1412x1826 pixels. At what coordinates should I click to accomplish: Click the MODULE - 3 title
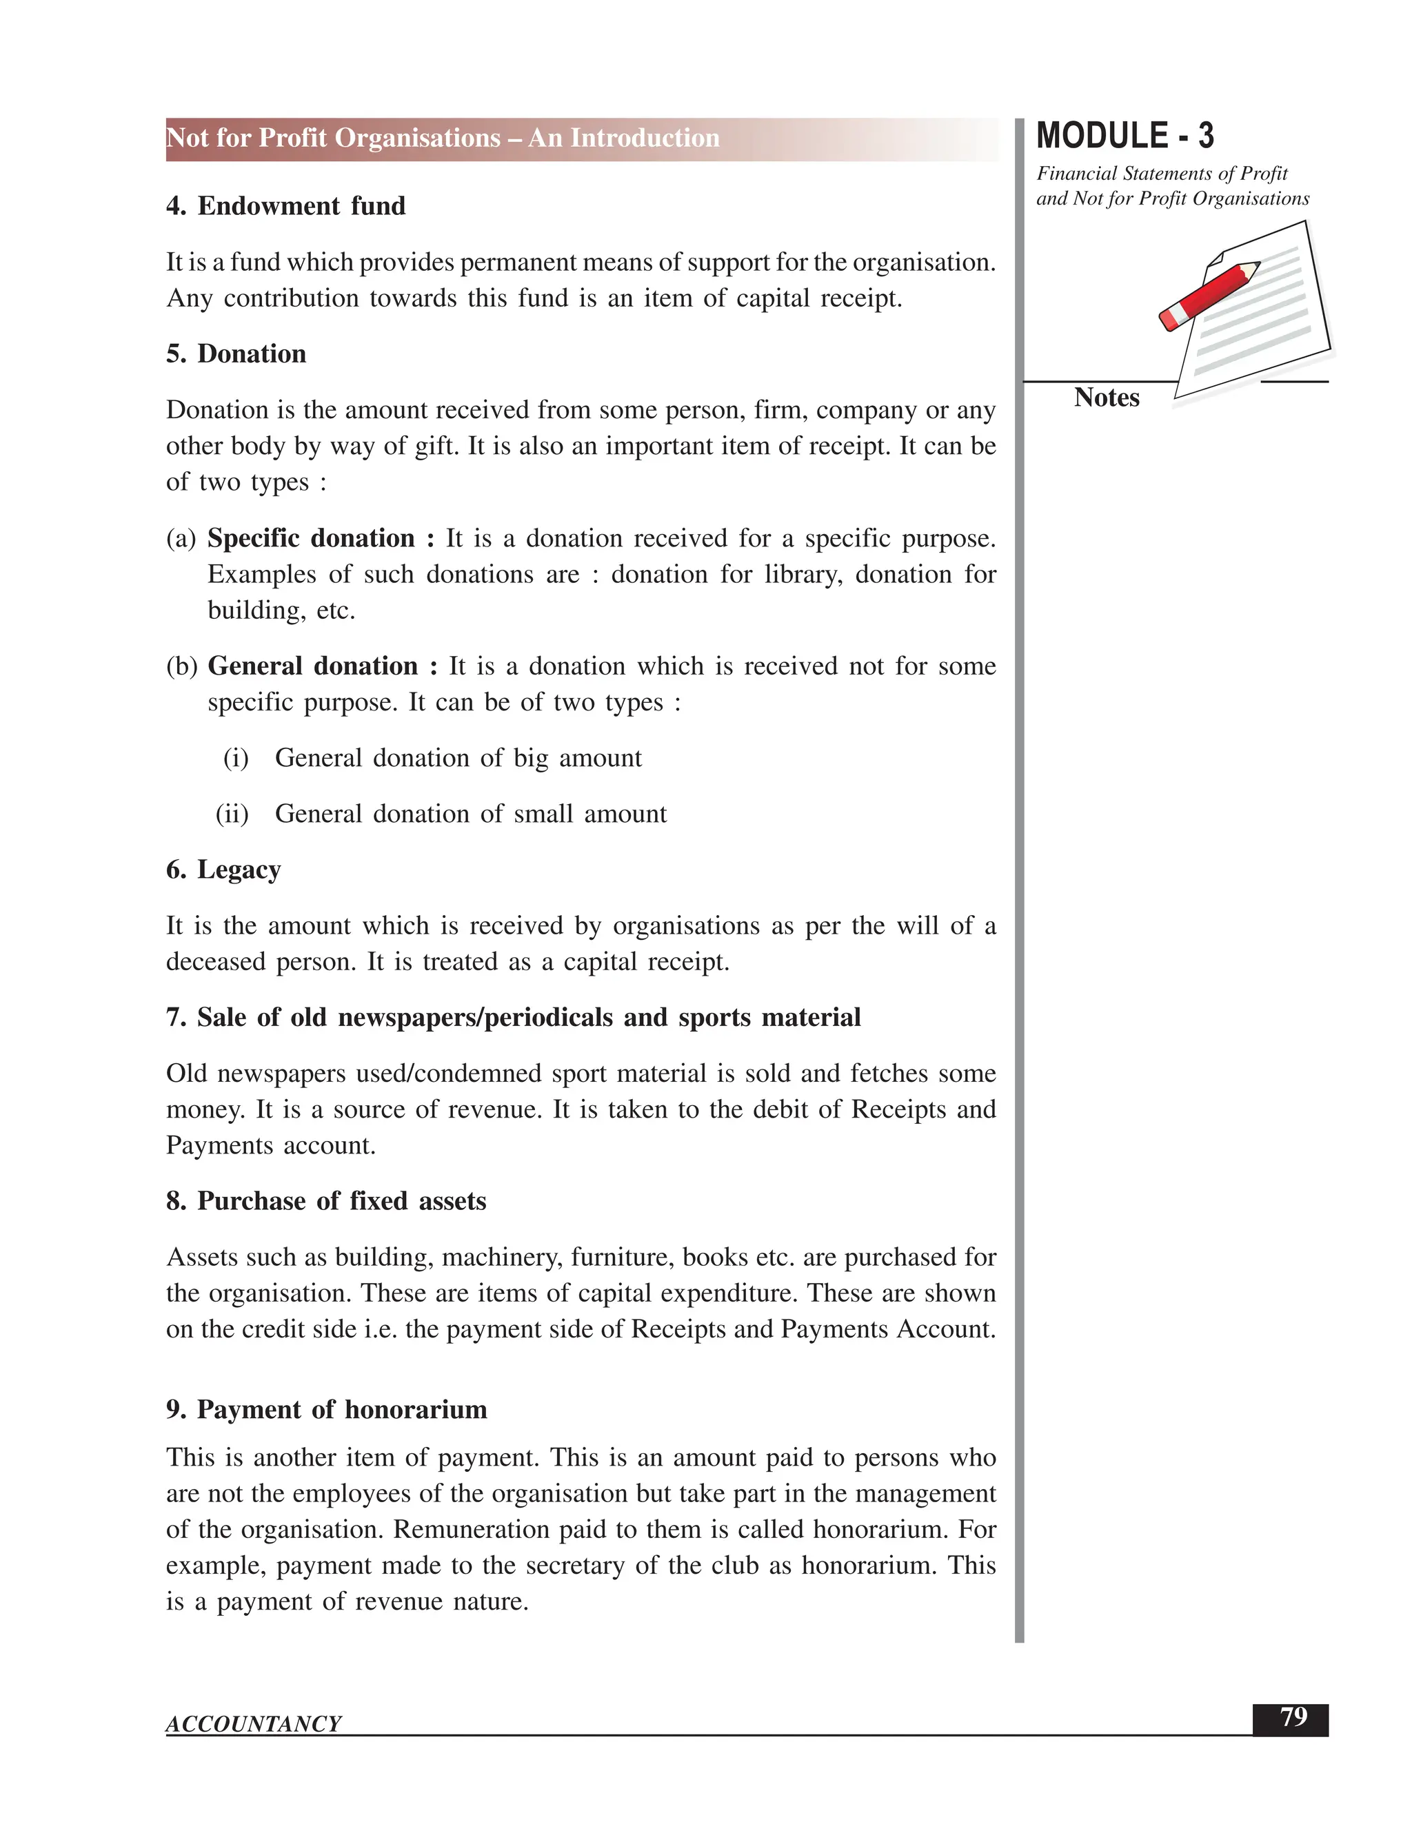coord(1124,136)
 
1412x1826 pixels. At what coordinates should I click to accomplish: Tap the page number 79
coord(1293,1717)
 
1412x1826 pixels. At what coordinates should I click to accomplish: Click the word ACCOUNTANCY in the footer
coord(254,1724)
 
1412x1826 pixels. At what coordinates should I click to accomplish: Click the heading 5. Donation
coord(236,353)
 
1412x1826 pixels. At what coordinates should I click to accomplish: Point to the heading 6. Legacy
coord(223,870)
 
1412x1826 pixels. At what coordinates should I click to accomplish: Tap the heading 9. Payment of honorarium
coord(326,1410)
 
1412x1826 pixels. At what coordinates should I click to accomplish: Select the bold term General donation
coord(312,666)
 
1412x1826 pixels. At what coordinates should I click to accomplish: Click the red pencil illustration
coord(1209,296)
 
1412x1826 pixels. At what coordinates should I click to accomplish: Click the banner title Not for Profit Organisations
coord(443,138)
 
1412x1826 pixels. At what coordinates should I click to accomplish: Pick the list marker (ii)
coord(232,814)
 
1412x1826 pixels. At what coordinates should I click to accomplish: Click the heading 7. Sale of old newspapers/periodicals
coord(513,1018)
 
